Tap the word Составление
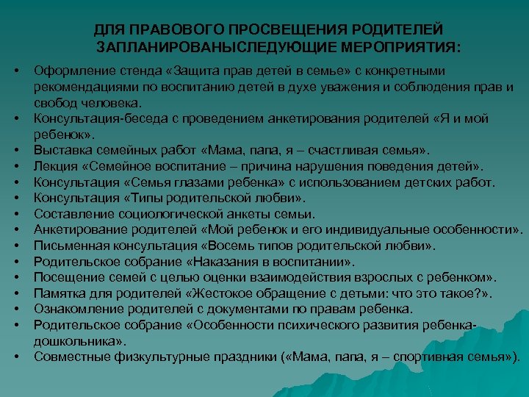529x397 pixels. pyautogui.click(x=71, y=214)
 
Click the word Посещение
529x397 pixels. pyautogui.click(x=67, y=278)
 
